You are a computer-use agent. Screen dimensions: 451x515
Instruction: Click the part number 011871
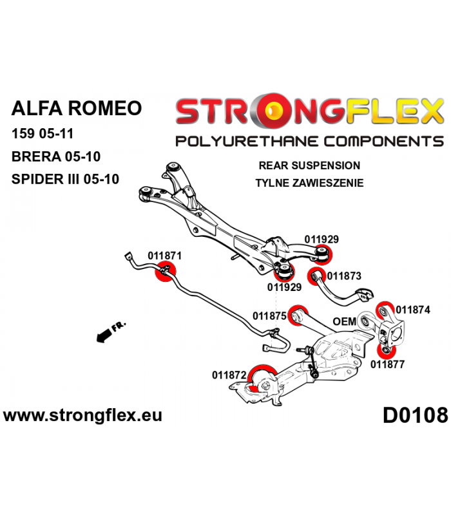coord(164,256)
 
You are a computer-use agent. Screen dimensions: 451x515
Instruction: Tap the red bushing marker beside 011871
coord(166,271)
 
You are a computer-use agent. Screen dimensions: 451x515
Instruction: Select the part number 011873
coord(344,276)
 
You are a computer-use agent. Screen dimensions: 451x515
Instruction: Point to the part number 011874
coord(413,310)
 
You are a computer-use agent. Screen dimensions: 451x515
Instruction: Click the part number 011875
coord(269,316)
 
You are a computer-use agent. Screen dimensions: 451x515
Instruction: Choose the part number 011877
coord(387,364)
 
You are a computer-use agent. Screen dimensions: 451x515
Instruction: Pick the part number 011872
coord(229,375)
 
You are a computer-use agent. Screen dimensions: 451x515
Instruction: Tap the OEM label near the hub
coord(345,321)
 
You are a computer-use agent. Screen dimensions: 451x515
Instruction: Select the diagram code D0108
coord(415,415)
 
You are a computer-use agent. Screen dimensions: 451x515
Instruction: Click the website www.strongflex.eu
coord(82,415)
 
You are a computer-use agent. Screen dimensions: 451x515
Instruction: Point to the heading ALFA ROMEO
coord(77,108)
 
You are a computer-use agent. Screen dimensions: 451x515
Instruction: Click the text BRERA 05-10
coord(56,156)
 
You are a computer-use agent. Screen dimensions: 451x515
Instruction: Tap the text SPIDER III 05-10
coord(65,180)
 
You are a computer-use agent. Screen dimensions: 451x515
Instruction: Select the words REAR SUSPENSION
coord(309,165)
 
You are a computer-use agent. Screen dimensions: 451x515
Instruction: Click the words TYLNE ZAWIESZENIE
coord(309,183)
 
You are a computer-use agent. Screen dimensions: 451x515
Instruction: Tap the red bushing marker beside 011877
coord(386,351)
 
